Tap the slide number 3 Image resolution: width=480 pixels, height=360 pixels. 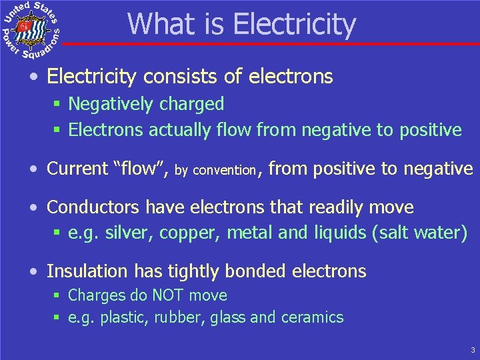pos(473,350)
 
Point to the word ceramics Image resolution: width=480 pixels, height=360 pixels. pos(313,318)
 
